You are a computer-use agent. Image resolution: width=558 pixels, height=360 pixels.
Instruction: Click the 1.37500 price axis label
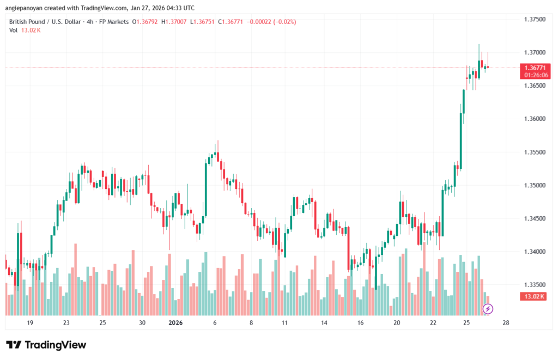click(x=534, y=19)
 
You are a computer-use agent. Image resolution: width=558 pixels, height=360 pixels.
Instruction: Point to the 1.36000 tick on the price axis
click(x=534, y=119)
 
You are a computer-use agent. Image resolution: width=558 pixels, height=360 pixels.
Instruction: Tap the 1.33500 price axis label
click(x=534, y=285)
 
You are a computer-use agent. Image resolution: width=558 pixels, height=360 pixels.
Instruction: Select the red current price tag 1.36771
click(x=535, y=68)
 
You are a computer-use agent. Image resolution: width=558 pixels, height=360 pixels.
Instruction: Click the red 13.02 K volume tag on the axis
click(x=535, y=296)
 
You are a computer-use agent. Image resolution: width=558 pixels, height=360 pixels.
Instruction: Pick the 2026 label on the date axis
click(x=175, y=322)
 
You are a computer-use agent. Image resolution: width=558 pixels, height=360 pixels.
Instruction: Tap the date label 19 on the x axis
click(x=30, y=322)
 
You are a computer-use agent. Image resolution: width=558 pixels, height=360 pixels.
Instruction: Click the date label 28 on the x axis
click(x=506, y=322)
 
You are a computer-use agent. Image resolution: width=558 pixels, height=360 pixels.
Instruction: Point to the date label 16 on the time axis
click(x=360, y=322)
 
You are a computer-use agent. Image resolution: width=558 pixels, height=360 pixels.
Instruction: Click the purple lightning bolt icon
click(x=488, y=309)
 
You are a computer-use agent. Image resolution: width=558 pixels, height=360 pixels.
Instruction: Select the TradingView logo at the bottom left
click(x=46, y=345)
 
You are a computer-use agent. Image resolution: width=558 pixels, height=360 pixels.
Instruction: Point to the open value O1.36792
click(x=147, y=22)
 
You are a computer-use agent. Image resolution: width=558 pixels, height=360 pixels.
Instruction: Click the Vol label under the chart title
click(x=13, y=30)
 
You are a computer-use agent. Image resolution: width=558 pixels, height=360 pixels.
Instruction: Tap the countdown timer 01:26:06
click(x=535, y=75)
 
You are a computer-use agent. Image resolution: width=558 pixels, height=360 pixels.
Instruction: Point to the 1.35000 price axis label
click(x=534, y=185)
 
